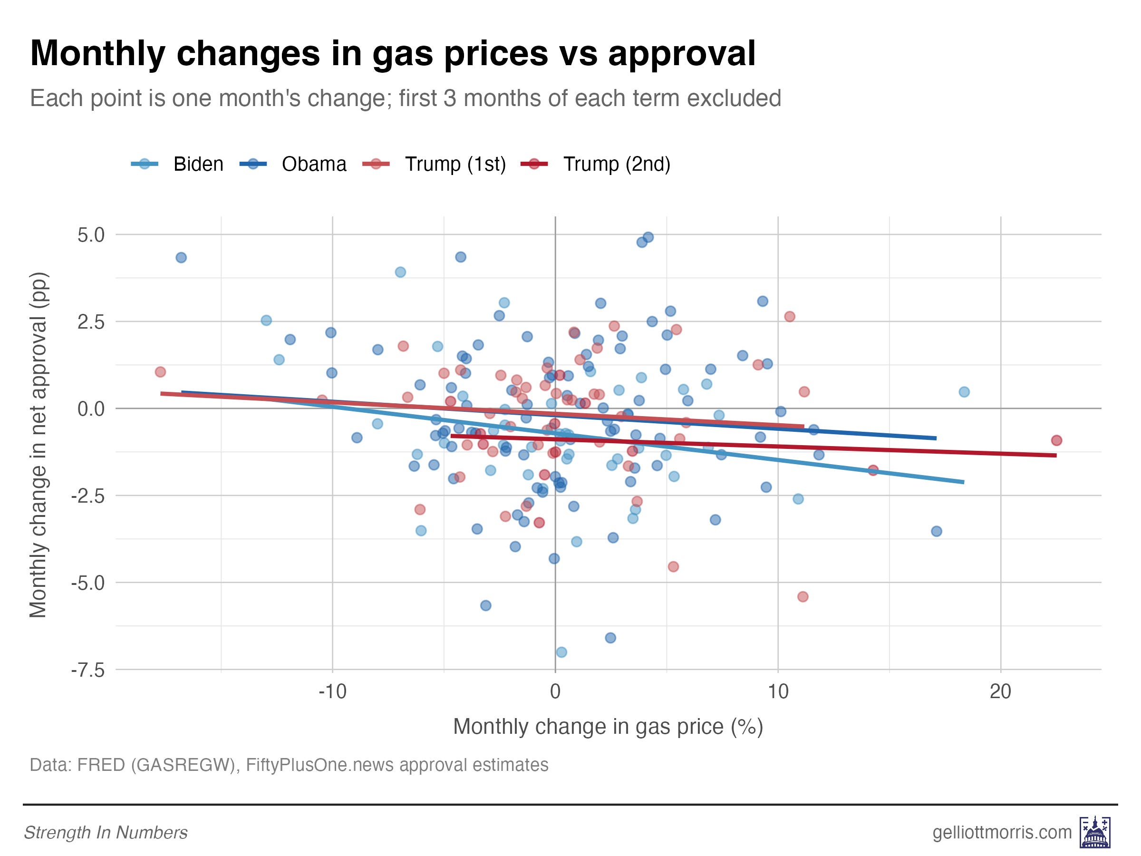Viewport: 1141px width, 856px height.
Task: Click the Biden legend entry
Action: click(177, 164)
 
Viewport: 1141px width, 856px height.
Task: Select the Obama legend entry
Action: click(293, 164)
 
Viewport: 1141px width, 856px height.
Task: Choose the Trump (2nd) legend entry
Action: click(596, 164)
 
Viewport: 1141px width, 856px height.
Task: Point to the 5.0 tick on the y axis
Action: click(91, 235)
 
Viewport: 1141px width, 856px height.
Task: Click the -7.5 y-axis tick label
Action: click(87, 670)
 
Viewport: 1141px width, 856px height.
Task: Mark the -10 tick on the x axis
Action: click(332, 691)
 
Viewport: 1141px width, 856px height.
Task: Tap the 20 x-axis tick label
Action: click(1000, 691)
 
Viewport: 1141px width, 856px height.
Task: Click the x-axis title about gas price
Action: click(608, 727)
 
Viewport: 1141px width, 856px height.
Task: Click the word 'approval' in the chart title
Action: click(682, 53)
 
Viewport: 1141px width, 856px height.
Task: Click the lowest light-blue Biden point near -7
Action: click(561, 652)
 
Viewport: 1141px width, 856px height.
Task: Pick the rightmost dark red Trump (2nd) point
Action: click(1056, 440)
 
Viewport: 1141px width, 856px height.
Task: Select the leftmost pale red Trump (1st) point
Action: click(160, 372)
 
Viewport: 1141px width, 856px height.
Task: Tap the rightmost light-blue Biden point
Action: click(964, 392)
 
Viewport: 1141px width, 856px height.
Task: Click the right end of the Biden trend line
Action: click(963, 482)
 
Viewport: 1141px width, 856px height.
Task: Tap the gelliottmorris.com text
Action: click(1002, 832)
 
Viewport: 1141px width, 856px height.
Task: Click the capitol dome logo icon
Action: click(1095, 832)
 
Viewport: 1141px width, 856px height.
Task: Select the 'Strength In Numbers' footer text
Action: click(106, 832)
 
